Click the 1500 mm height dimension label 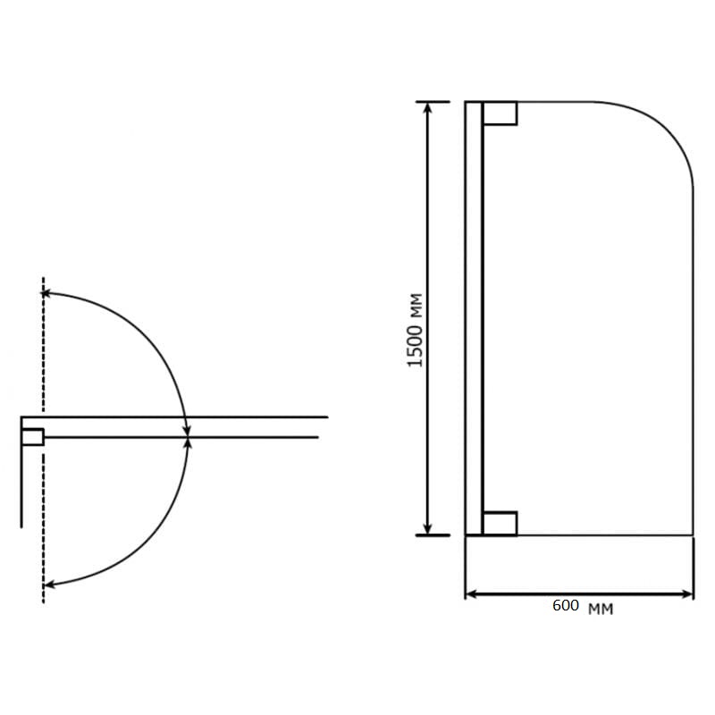click(x=415, y=330)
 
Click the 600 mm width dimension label click(x=583, y=607)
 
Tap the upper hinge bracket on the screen click(x=500, y=114)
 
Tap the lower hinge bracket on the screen click(x=500, y=524)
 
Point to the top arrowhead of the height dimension click(x=427, y=106)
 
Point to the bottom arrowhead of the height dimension click(x=427, y=530)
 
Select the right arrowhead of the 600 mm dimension click(x=686, y=594)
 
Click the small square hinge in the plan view click(x=32, y=437)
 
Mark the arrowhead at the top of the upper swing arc click(x=46, y=293)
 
